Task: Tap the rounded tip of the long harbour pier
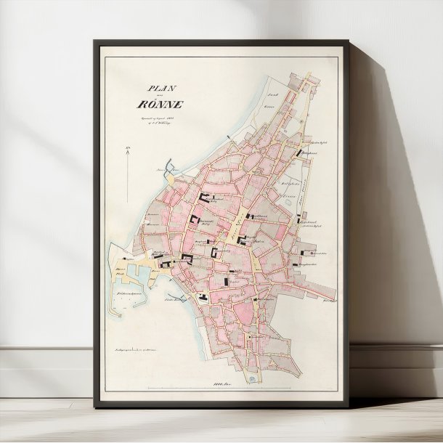[113, 312]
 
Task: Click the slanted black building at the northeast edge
[301, 152]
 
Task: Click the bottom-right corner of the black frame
[350, 407]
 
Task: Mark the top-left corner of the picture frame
[94, 41]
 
